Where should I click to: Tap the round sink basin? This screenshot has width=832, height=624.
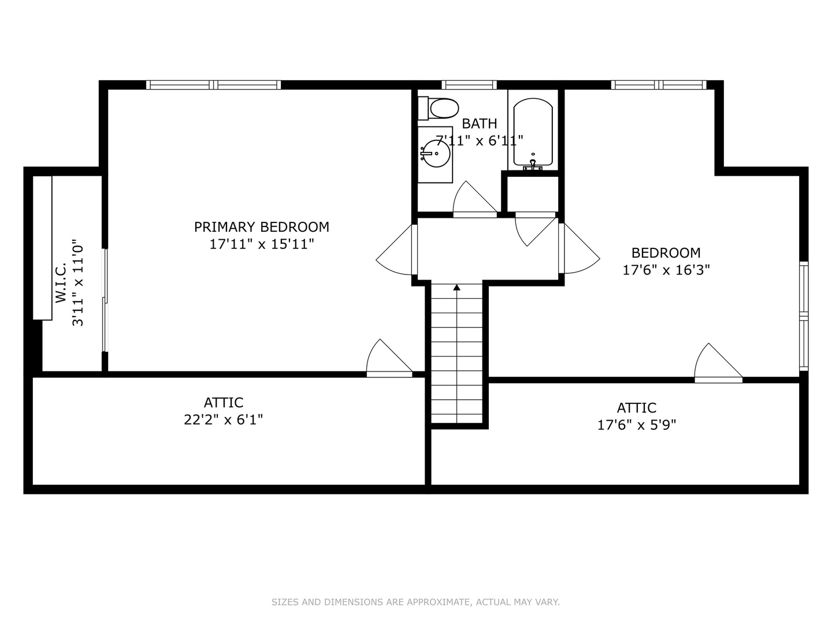click(x=436, y=154)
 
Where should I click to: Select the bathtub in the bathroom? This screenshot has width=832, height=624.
click(x=533, y=132)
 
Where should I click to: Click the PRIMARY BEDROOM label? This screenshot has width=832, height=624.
click(x=262, y=227)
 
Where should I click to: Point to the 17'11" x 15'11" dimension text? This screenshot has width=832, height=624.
click(x=262, y=244)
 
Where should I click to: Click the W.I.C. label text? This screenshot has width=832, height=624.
click(x=61, y=283)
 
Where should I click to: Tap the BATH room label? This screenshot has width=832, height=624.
click(x=480, y=124)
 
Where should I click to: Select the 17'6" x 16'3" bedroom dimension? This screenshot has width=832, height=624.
click(x=666, y=270)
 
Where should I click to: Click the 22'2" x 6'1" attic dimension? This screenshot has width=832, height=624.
click(x=223, y=419)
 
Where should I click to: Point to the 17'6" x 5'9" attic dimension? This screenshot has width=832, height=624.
click(x=637, y=425)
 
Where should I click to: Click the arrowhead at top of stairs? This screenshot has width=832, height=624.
click(x=457, y=288)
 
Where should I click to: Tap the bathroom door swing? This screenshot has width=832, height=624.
click(x=475, y=199)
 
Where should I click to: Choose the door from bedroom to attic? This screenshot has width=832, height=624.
click(x=718, y=363)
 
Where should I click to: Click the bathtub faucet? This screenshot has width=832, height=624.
click(x=533, y=165)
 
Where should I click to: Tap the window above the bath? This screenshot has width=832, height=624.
click(x=469, y=85)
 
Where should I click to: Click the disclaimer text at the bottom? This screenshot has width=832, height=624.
click(x=415, y=602)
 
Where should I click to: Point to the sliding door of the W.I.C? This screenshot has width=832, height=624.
click(x=105, y=300)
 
